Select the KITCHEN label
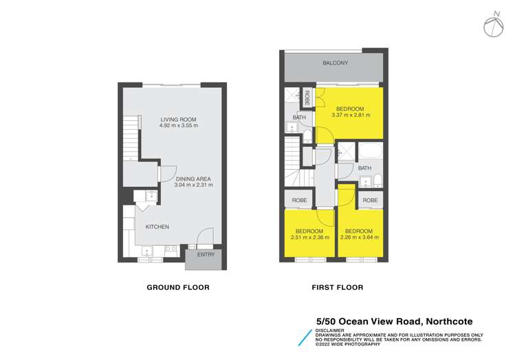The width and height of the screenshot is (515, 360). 157,227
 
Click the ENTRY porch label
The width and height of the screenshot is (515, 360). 206,255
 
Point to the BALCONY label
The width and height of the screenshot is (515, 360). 336,63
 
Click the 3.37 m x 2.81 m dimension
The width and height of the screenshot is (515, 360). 350,115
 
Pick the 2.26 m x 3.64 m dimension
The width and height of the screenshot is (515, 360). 359,238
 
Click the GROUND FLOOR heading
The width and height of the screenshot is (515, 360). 178,287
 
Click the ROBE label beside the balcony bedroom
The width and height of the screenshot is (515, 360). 307,98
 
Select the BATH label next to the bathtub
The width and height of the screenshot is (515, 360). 364,168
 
